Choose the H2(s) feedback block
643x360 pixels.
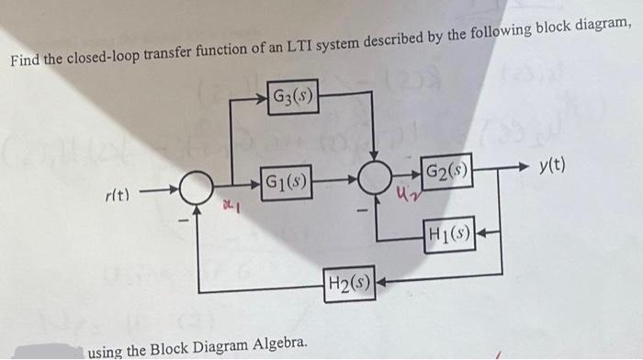point(349,282)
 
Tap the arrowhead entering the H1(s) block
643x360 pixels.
point(481,237)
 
